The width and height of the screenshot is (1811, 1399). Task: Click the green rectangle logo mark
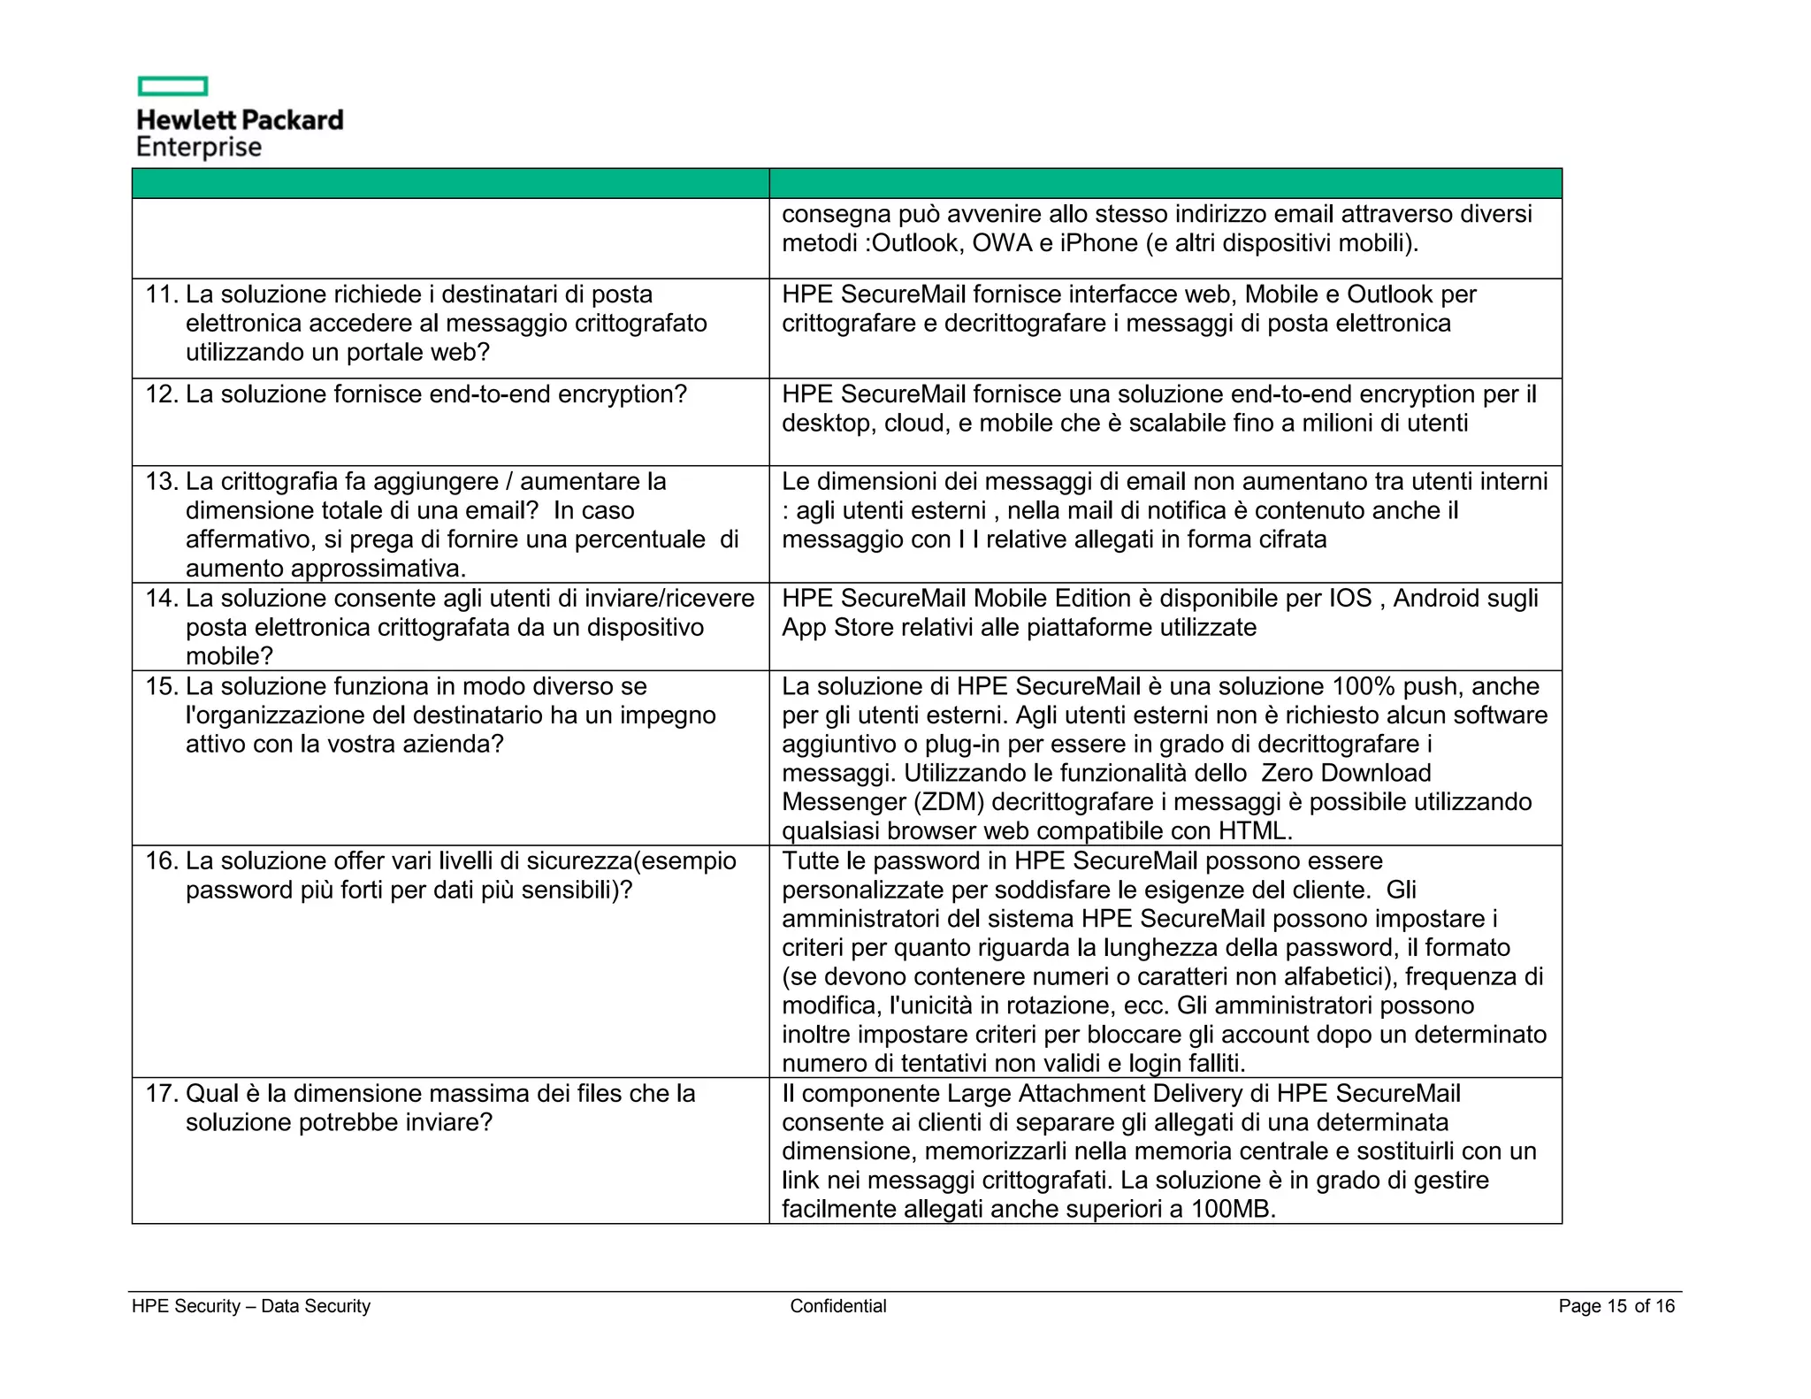coord(172,86)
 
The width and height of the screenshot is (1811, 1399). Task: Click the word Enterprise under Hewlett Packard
coord(199,147)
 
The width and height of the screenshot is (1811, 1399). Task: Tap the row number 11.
coord(162,294)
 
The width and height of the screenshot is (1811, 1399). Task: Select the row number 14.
coord(162,599)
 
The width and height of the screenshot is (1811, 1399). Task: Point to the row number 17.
coord(162,1094)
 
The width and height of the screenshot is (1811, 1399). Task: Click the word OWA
coord(1002,243)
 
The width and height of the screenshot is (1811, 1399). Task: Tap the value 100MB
coord(1233,1209)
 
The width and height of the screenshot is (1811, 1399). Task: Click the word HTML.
coord(1255,831)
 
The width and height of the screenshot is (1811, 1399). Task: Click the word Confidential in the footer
coord(837,1306)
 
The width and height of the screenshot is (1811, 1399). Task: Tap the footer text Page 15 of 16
coord(1616,1306)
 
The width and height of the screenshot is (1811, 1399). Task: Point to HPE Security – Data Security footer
coord(251,1306)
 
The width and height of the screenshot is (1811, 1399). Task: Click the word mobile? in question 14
coord(229,656)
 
